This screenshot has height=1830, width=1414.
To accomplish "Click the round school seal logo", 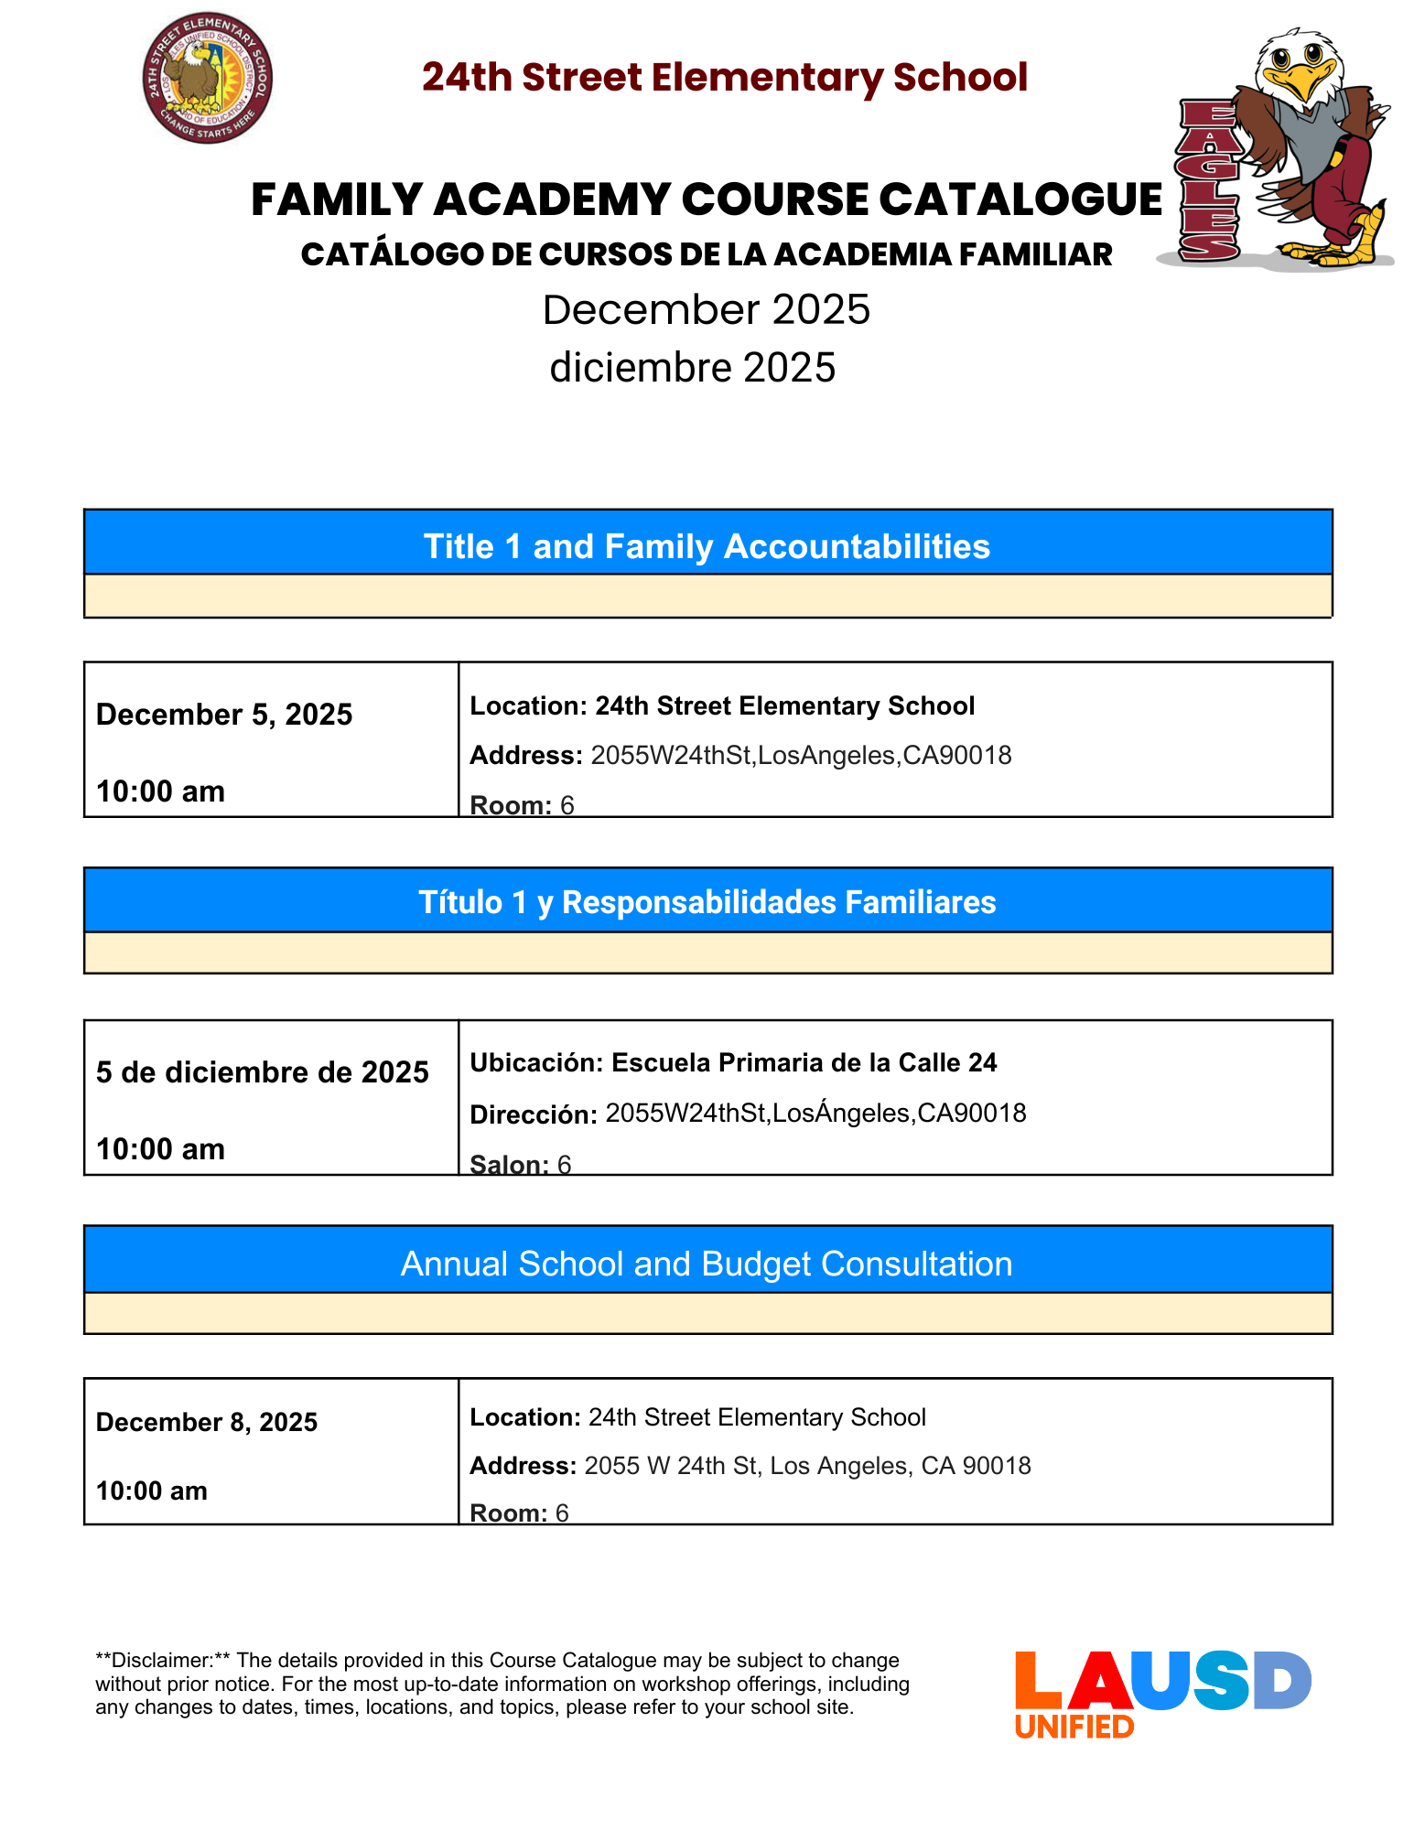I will click(208, 78).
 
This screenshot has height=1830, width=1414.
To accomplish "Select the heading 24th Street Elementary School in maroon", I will click(725, 78).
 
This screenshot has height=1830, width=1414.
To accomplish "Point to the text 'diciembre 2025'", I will click(693, 368).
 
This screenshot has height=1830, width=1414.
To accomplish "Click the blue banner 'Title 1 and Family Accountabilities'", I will click(707, 546).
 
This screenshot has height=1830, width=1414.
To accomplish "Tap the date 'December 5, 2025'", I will click(224, 715).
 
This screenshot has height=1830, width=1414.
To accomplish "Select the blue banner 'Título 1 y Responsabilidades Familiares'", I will click(707, 902).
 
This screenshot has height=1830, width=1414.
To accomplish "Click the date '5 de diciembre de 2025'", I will click(263, 1072).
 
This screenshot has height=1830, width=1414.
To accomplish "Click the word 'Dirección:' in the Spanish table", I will click(534, 1114).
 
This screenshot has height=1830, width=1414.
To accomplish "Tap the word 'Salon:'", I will click(509, 1164).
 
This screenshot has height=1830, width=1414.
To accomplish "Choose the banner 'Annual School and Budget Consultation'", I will click(707, 1264).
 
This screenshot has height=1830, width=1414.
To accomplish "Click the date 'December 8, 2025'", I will click(207, 1422).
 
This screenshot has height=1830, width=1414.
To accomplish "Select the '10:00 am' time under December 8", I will click(152, 1491).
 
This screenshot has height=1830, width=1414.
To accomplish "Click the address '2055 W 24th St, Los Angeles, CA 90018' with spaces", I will click(807, 1466).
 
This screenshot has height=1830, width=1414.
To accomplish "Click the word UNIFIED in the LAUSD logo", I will click(1074, 1727).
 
